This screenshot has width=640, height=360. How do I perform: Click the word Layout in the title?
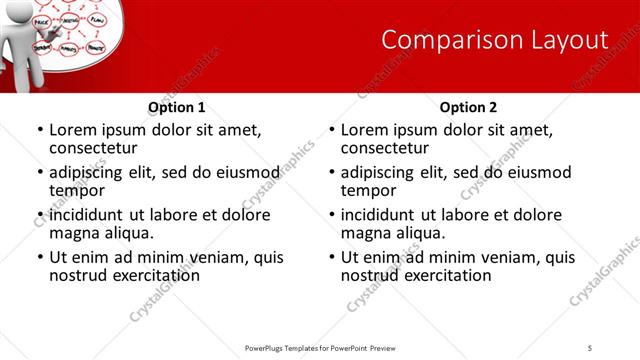coord(565,40)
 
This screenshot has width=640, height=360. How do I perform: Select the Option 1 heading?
coord(177,107)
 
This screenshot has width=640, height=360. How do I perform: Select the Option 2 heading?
coord(468,107)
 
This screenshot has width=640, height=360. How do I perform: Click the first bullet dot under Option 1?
coord(40,130)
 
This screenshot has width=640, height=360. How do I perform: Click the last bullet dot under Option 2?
coord(332,257)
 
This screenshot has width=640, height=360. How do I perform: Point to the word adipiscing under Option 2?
coord(383,172)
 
